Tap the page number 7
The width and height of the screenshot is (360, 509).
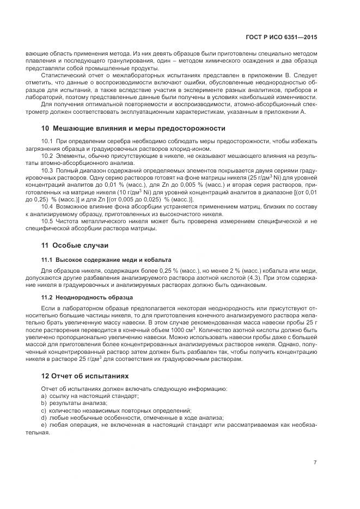(x=315, y=462)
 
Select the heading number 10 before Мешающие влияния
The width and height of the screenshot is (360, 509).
(x=45, y=128)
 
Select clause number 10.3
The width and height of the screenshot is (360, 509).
(x=47, y=170)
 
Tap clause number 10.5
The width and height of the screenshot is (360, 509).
(x=47, y=220)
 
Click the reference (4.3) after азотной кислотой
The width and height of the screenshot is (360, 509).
(x=253, y=277)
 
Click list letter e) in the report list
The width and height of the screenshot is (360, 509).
(x=44, y=424)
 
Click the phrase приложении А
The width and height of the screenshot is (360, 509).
(x=288, y=112)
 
